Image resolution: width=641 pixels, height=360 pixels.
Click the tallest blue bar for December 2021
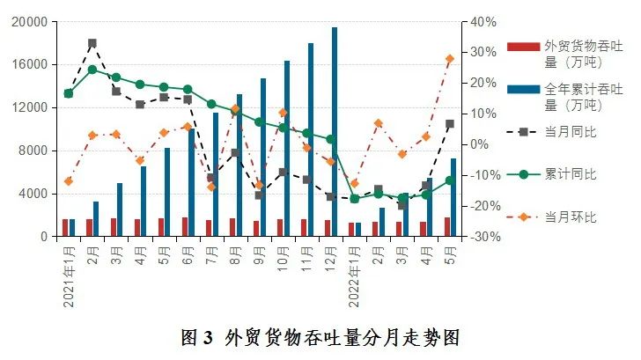[335, 132]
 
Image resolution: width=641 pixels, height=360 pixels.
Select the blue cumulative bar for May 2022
[453, 197]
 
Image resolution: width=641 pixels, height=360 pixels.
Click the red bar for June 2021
[184, 227]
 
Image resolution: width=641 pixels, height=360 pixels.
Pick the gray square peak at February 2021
[92, 43]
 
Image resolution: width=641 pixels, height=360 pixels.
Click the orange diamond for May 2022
[449, 59]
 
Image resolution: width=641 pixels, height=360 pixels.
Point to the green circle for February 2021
[92, 70]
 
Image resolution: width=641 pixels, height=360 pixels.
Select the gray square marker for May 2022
[449, 124]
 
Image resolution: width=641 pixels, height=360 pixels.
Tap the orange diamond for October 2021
[282, 113]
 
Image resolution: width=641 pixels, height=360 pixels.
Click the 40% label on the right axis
[483, 22]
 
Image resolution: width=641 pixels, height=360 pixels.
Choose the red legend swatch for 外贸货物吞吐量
[523, 46]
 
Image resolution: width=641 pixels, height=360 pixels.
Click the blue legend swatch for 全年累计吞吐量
[523, 89]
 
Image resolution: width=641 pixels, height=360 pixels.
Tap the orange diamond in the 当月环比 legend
[523, 217]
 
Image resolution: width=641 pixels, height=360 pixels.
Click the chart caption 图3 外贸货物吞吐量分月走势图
[320, 337]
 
